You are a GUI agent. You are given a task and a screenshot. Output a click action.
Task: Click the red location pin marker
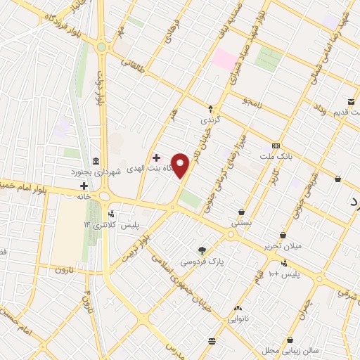tap(181, 165)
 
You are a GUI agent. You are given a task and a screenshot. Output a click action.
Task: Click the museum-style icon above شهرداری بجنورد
tap(96, 160)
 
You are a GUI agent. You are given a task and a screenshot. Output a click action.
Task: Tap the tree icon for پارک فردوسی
tap(202, 250)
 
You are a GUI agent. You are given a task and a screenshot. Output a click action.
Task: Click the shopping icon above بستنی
tap(242, 212)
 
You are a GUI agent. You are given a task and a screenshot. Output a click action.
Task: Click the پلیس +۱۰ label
tap(285, 273)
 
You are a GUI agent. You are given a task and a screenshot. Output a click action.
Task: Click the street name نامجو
tap(252, 103)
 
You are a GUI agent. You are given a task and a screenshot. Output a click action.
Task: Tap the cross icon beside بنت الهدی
tap(155, 158)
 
